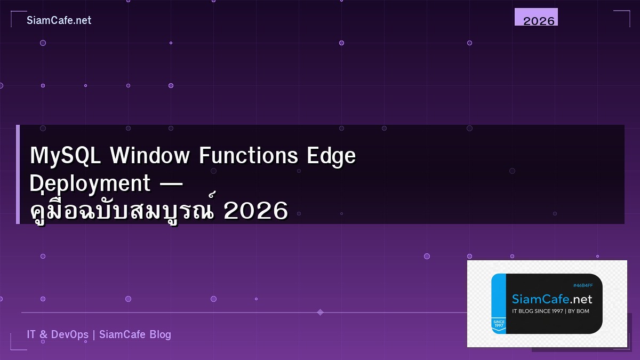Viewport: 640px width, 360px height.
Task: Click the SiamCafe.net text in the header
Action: (x=59, y=20)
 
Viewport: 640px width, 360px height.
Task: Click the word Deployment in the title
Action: (x=90, y=184)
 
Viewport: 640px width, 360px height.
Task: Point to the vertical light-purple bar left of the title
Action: (x=18, y=174)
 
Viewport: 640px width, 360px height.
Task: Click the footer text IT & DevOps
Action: (x=58, y=334)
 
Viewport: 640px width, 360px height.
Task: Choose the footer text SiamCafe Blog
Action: (x=135, y=334)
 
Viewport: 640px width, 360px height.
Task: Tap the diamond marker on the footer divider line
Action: (x=320, y=312)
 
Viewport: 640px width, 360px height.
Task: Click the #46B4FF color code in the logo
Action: (x=582, y=285)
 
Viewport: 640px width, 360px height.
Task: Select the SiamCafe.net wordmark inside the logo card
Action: (x=552, y=299)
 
